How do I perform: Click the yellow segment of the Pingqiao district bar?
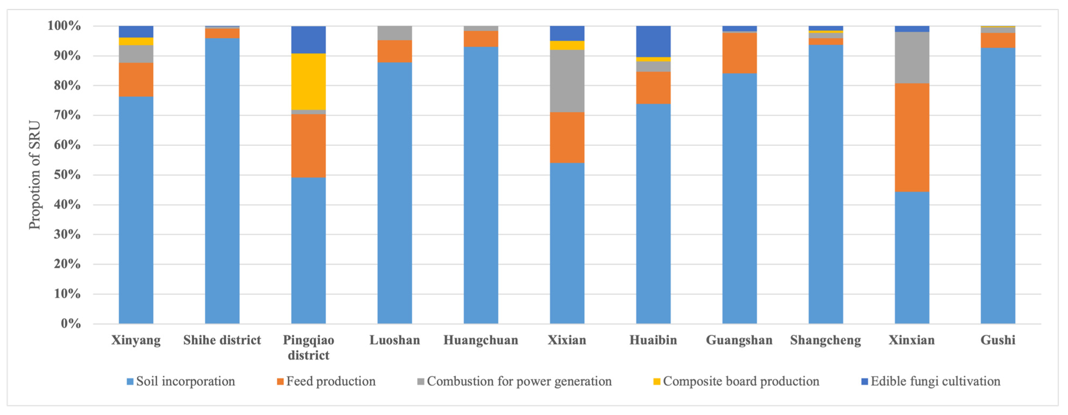pyautogui.click(x=308, y=82)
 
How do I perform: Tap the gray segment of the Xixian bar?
pyautogui.click(x=567, y=81)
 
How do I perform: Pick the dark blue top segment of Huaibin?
pyautogui.click(x=653, y=41)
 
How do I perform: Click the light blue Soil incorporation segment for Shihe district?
pyautogui.click(x=222, y=181)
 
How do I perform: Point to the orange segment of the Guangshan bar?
pyautogui.click(x=740, y=53)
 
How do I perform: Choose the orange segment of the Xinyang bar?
pyautogui.click(x=136, y=80)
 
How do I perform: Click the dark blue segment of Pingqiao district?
pyautogui.click(x=308, y=40)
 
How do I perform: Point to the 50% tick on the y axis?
pyautogui.click(x=67, y=175)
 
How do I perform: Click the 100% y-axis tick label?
pyautogui.click(x=64, y=26)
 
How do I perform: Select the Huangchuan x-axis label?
pyautogui.click(x=481, y=340)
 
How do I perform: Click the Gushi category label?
pyautogui.click(x=998, y=340)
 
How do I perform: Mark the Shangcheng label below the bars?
pyautogui.click(x=825, y=340)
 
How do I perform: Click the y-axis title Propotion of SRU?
pyautogui.click(x=35, y=175)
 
